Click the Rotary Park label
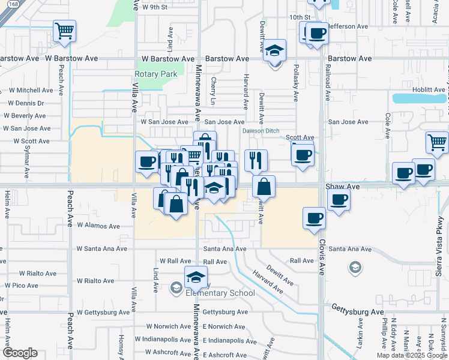[155, 74]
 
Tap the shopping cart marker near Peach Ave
[64, 31]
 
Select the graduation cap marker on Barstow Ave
[275, 52]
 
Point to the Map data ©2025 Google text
[412, 355]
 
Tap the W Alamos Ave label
[98, 226]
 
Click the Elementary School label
[220, 293]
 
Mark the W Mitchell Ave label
[30, 90]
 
